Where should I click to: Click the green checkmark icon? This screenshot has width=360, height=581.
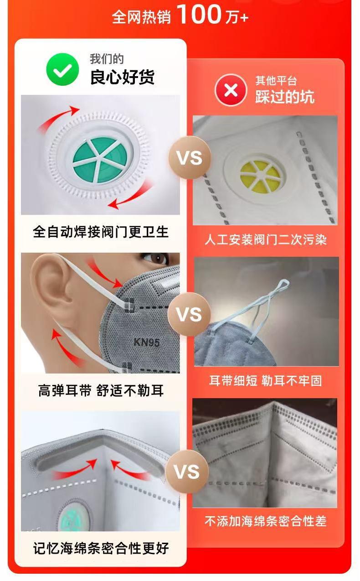(x=62, y=69)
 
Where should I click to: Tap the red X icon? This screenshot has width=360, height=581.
(x=231, y=90)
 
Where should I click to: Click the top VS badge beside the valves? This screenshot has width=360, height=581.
(x=189, y=158)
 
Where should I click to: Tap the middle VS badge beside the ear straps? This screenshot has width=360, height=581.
(x=189, y=314)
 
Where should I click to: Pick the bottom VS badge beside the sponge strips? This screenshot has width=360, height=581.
(x=187, y=472)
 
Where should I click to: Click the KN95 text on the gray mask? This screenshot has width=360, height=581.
(x=146, y=342)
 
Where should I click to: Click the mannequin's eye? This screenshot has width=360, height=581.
(x=157, y=258)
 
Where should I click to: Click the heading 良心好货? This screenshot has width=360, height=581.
(x=122, y=77)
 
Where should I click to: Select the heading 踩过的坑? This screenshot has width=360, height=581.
(x=284, y=97)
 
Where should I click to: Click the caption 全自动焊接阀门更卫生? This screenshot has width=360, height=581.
(x=101, y=232)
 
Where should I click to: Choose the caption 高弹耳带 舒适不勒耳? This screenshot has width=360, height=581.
(x=101, y=390)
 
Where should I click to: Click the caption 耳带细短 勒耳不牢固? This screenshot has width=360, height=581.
(x=265, y=381)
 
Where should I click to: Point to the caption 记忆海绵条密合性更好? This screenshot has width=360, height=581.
(x=101, y=547)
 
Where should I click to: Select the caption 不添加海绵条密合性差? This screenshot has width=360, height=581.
(x=265, y=521)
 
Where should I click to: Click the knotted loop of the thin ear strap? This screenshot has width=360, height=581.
(x=280, y=286)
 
